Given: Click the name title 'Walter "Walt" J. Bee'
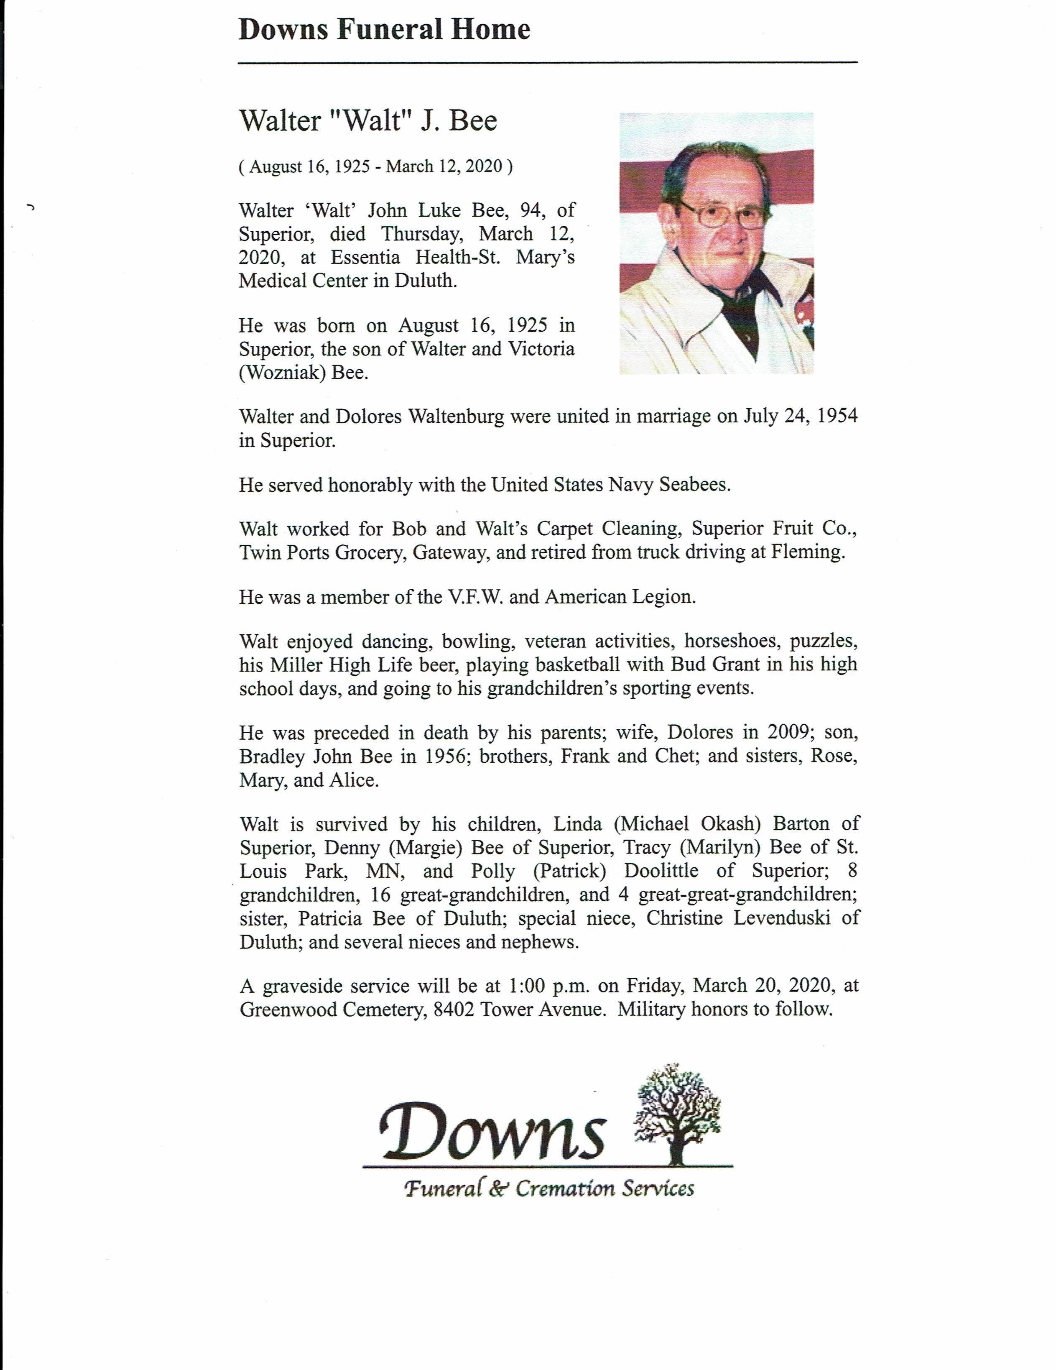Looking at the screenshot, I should point(367,120).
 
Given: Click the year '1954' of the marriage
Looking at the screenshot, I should point(837,416).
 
